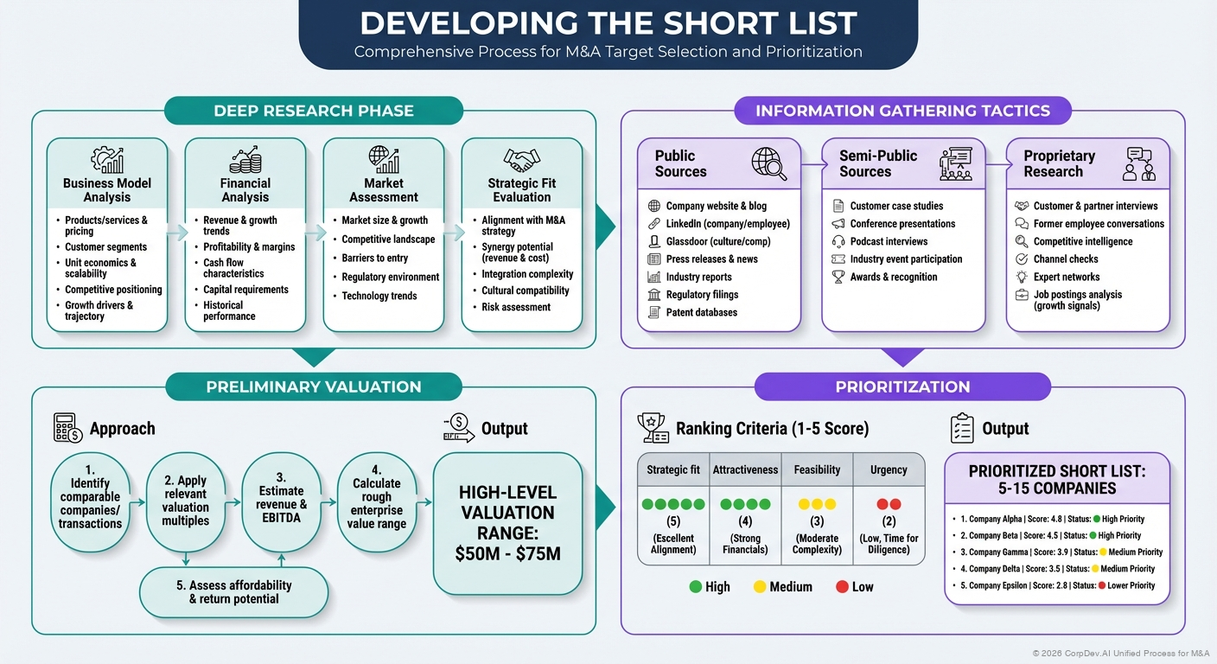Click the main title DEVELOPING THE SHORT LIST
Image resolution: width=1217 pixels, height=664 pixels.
608,23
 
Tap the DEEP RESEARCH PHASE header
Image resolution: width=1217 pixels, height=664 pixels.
314,111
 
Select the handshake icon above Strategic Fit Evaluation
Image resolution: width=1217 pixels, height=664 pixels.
522,161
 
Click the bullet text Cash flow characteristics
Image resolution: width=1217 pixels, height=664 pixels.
223,268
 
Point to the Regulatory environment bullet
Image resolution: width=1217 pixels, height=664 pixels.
390,278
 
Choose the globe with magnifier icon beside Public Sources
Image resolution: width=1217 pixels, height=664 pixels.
768,163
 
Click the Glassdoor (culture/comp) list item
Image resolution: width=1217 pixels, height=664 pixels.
717,241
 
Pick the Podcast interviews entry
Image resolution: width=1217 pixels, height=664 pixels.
889,241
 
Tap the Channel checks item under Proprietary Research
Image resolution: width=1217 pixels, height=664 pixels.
1066,259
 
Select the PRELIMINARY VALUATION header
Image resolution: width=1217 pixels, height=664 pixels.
314,386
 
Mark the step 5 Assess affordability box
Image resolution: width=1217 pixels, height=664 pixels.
234,591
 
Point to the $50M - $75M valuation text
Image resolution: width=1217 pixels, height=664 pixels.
507,553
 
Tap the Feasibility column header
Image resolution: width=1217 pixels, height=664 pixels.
817,469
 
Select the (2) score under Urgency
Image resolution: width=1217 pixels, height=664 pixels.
889,521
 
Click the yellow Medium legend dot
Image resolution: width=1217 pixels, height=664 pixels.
760,587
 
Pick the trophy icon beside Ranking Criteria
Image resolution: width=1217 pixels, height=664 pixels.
653,428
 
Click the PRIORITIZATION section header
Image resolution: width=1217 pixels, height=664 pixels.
902,386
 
